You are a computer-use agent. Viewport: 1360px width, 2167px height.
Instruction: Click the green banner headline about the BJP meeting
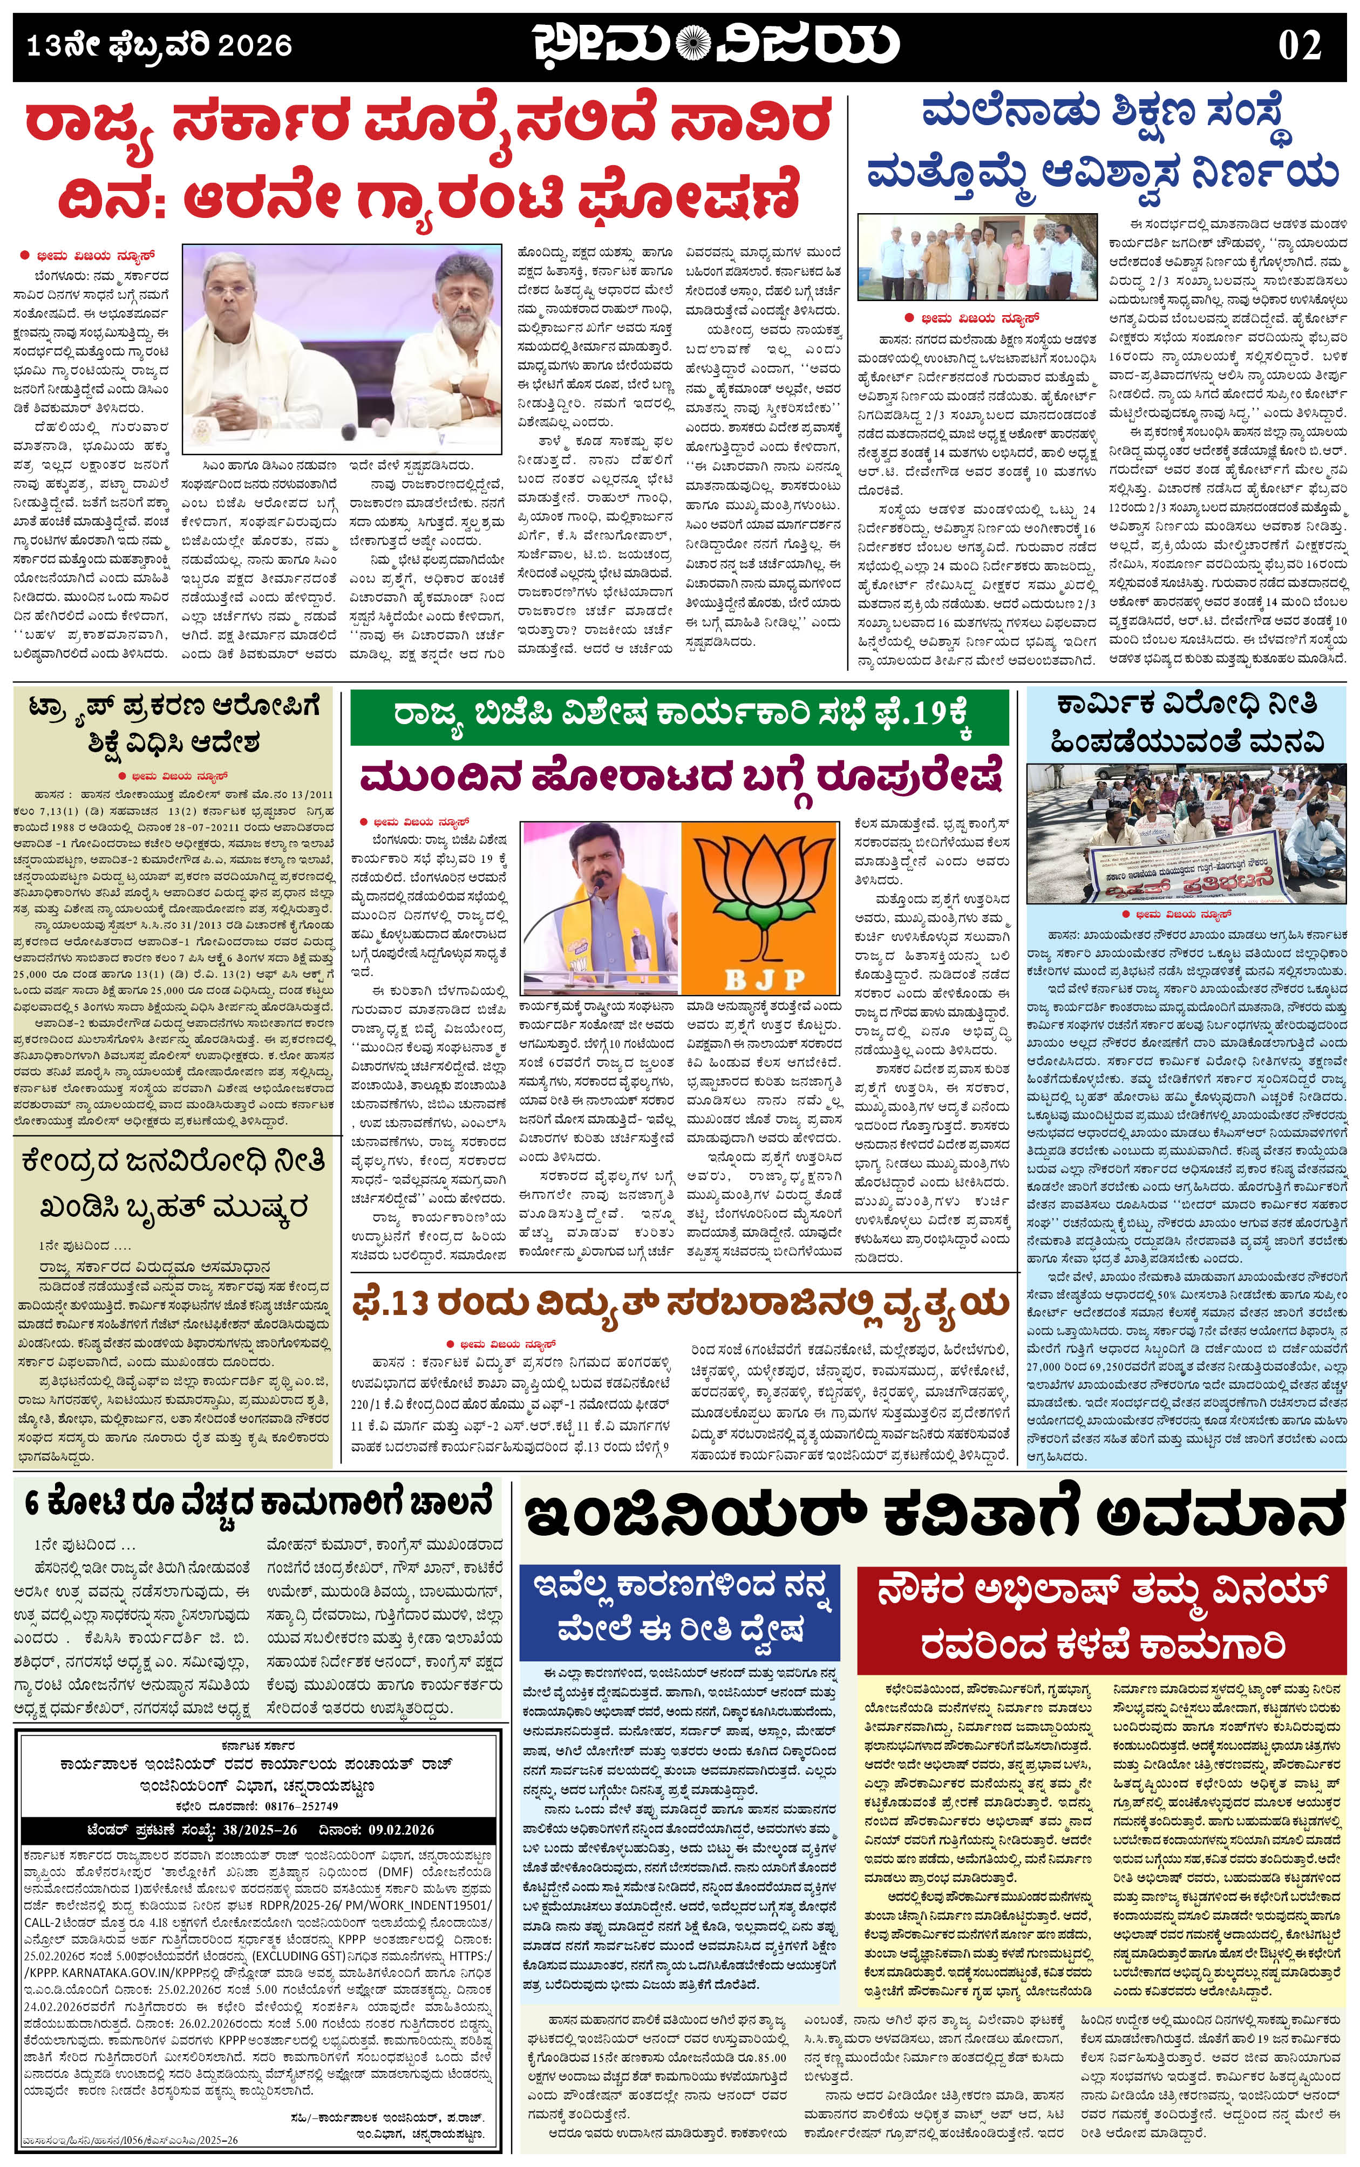(682, 717)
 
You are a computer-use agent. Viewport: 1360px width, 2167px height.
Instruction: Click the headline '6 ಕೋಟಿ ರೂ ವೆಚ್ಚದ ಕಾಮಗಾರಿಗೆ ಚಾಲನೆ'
(259, 1503)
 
